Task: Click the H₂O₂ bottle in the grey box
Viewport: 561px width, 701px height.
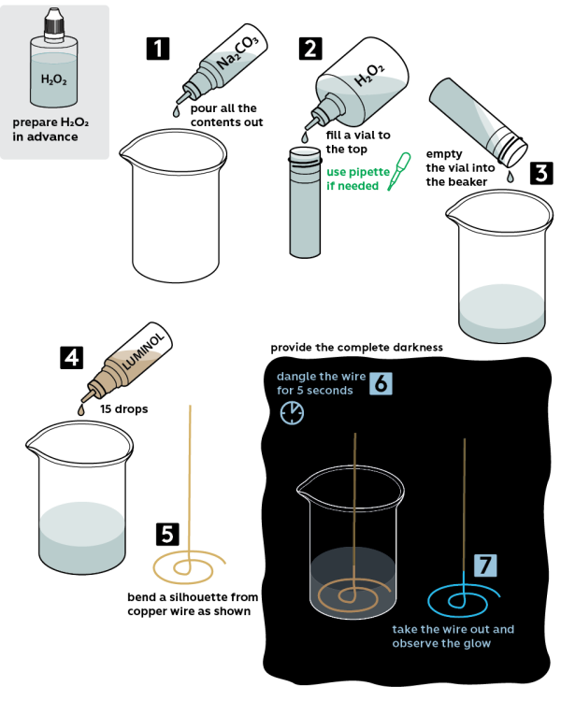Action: coord(54,70)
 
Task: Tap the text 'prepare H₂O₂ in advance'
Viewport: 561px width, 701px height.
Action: coord(54,130)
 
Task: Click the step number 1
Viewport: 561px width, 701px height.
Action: coord(158,50)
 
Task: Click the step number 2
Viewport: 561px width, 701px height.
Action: coord(310,50)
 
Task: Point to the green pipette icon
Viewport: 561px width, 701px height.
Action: coord(399,171)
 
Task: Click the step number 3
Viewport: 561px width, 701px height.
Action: coord(540,173)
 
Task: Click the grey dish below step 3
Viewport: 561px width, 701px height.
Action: coord(502,313)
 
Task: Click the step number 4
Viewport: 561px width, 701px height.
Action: coord(71,358)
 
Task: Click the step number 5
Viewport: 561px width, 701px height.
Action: coord(167,534)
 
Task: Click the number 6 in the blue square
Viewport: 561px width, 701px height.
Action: coord(381,383)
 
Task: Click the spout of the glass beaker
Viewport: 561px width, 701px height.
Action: coord(304,488)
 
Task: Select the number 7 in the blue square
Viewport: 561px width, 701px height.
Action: coord(484,565)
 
